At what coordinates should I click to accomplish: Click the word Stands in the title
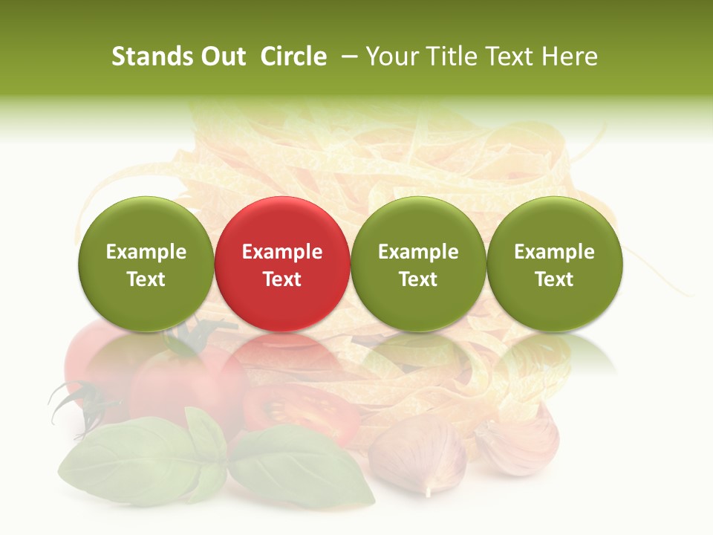152,56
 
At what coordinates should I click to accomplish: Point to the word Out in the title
222,56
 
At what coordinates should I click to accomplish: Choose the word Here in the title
570,56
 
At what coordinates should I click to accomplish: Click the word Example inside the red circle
282,252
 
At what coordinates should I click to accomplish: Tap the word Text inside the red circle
282,279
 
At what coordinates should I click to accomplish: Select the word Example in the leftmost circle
146,252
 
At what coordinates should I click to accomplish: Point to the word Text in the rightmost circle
555,279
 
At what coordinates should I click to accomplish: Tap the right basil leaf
297,464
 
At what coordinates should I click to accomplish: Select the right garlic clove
520,442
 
